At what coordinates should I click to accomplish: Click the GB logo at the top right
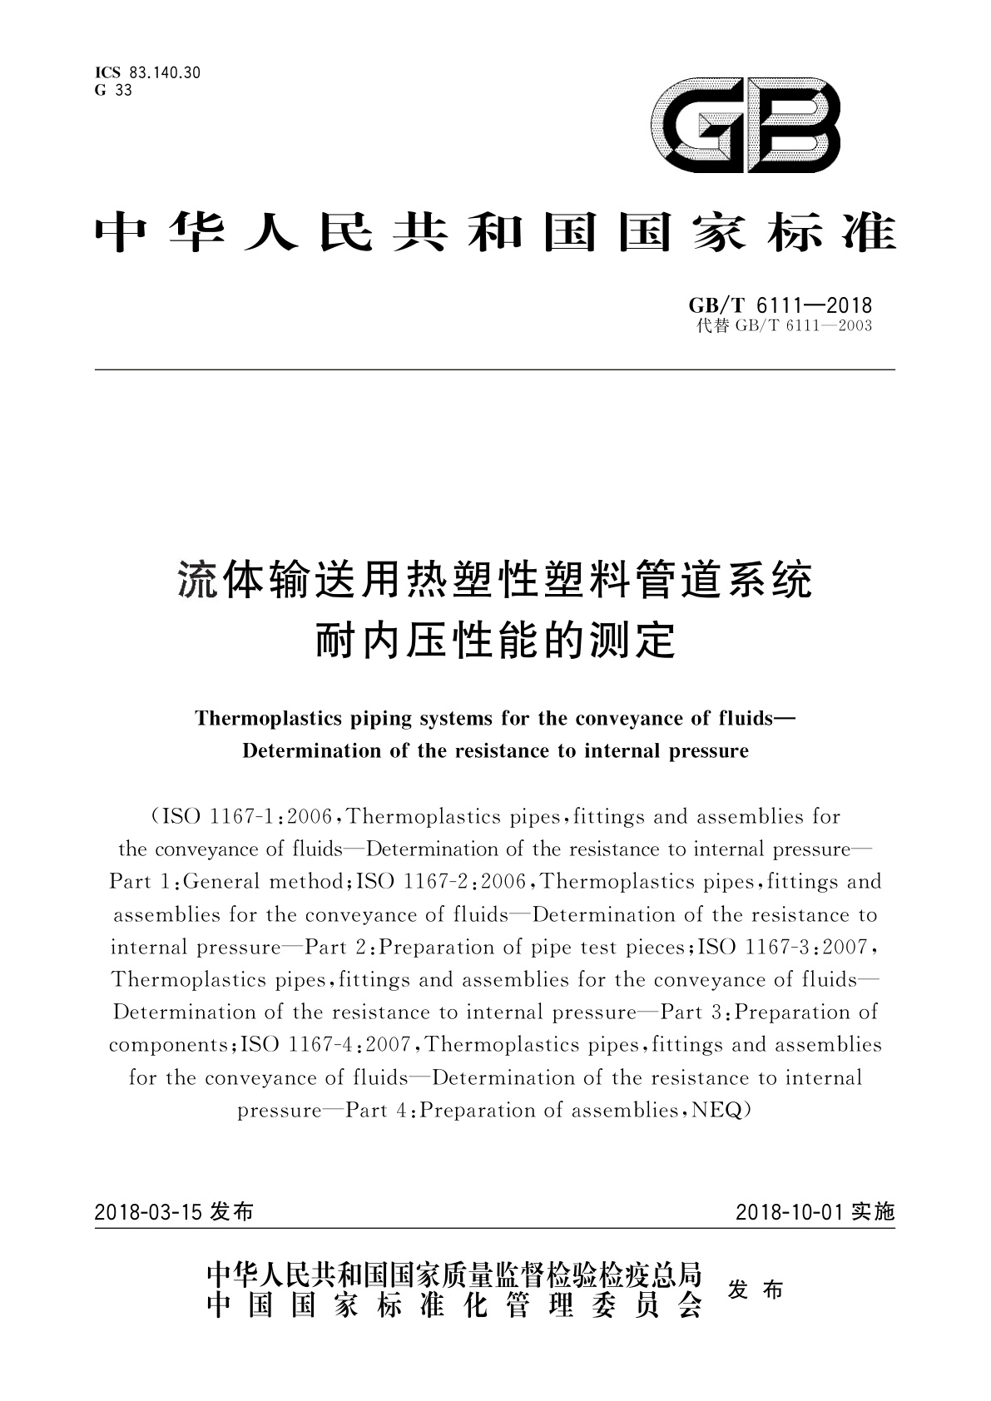(x=745, y=126)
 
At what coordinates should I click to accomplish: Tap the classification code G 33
(x=113, y=91)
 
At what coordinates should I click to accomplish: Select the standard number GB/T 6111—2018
(x=775, y=306)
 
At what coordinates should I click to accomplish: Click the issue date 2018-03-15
(x=149, y=1211)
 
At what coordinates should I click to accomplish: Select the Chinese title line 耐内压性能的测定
(x=495, y=641)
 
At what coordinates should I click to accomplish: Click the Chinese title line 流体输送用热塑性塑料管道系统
(x=495, y=579)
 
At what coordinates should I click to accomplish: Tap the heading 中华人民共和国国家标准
(x=495, y=233)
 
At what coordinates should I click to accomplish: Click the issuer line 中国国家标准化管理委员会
(x=453, y=1308)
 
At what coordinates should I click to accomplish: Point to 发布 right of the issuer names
(x=756, y=1290)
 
